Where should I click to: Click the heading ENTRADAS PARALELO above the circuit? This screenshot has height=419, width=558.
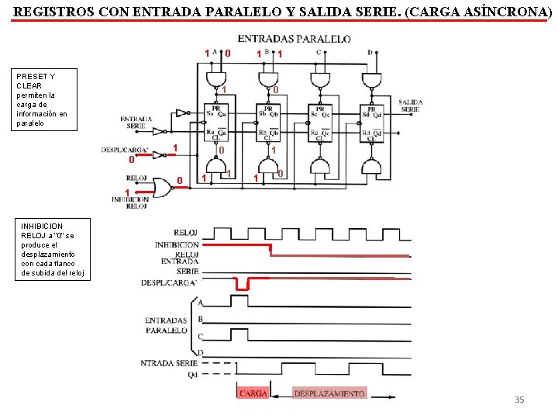pos(294,39)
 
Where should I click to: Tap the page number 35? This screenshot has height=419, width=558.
pos(519,400)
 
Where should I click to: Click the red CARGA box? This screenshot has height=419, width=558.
pos(253,393)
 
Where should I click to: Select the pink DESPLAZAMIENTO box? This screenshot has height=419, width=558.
pos(329,393)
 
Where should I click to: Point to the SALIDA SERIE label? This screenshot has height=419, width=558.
pos(410,106)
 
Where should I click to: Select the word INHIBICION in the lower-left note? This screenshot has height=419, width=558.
pos(42,226)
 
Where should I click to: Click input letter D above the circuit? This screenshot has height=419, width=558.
pos(369,52)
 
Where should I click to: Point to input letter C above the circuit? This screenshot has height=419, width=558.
pos(318,52)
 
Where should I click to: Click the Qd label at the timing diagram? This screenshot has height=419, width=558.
pos(191,374)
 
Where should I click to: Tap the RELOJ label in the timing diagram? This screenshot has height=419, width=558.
pos(186,232)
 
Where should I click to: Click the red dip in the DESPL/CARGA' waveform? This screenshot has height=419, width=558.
pos(242,285)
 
